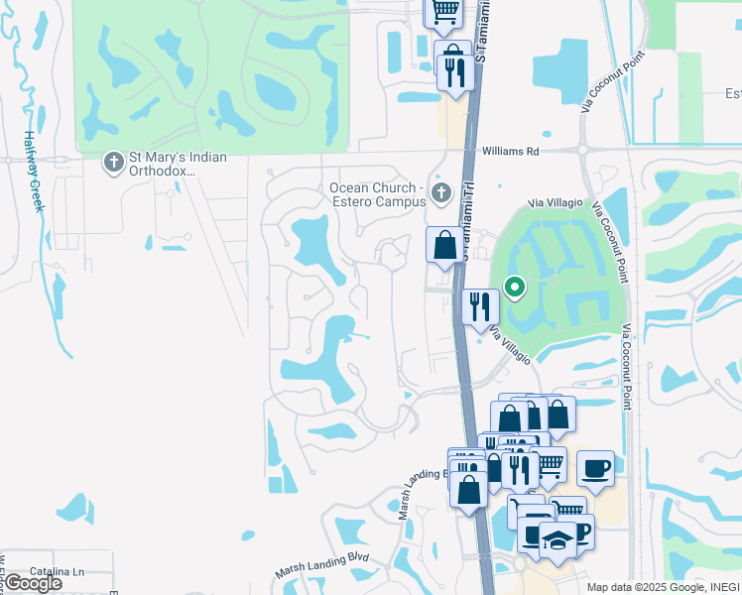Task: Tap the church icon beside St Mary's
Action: (114, 160)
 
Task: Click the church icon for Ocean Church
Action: (441, 190)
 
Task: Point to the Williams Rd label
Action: (510, 152)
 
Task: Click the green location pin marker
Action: (515, 288)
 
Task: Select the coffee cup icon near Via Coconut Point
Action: (595, 467)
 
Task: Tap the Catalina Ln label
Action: (56, 572)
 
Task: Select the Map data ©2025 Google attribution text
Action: (663, 586)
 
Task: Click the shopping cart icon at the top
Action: (444, 12)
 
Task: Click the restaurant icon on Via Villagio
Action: (480, 305)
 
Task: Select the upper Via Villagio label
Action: (556, 202)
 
